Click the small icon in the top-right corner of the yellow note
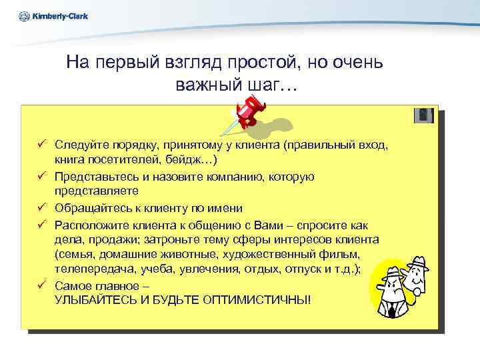(x=423, y=115)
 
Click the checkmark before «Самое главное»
(x=41, y=285)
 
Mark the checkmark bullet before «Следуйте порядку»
(x=41, y=144)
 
